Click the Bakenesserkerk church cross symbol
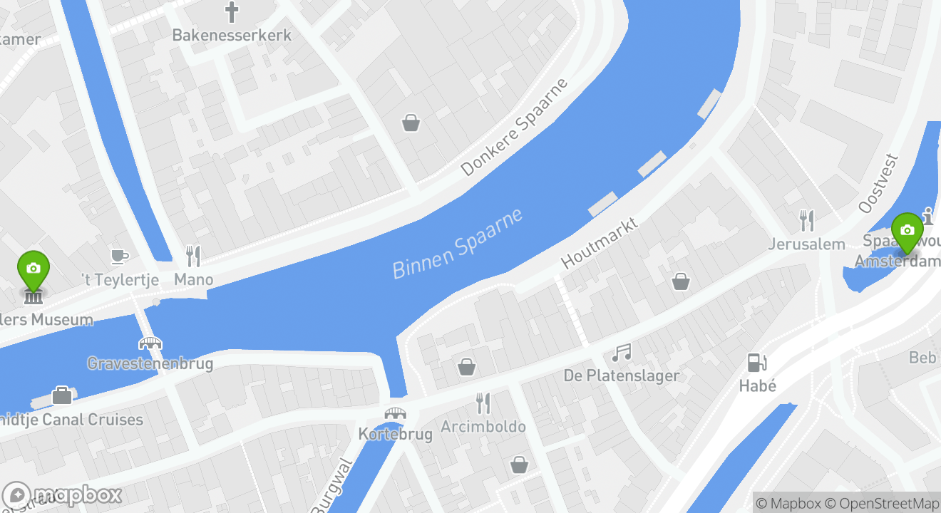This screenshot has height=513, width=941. tap(232, 12)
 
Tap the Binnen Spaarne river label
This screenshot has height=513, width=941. tap(458, 243)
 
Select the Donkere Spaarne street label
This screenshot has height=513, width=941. tap(515, 127)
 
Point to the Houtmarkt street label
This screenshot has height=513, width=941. tap(599, 243)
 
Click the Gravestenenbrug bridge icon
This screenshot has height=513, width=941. tap(150, 343)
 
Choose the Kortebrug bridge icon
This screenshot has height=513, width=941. tap(395, 413)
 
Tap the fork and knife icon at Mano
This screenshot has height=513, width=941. tap(193, 256)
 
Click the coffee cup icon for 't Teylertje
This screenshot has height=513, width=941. tap(120, 256)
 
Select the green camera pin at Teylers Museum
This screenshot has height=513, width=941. tap(34, 269)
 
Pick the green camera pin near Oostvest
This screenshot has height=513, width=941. tap(907, 231)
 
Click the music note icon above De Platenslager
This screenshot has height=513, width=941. tap(622, 352)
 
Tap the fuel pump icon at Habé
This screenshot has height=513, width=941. tap(756, 362)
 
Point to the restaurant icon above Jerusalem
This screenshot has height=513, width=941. tap(807, 220)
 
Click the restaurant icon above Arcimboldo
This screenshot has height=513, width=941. tap(483, 403)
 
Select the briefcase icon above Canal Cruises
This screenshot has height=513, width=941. tap(62, 395)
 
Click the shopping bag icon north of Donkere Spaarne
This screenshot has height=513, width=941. tap(411, 123)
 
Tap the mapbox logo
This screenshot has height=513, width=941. tap(63, 494)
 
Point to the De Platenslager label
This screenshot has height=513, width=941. tap(622, 375)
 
